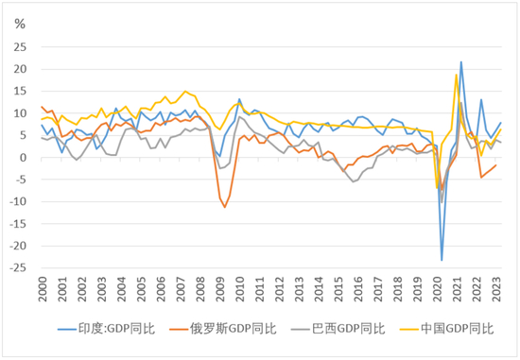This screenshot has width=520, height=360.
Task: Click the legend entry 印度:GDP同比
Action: (107, 329)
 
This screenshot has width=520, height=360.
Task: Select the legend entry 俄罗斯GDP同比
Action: (222, 329)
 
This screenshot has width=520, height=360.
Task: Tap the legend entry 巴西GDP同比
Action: (338, 329)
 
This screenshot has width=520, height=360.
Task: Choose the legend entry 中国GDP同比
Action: (446, 329)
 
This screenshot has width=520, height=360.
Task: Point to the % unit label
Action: (20, 24)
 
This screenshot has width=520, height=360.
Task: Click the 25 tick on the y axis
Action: (20, 47)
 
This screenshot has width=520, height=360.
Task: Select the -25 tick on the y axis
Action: (18, 267)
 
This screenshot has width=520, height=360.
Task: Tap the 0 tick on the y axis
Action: (23, 158)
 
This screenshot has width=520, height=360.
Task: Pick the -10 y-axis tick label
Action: (18, 201)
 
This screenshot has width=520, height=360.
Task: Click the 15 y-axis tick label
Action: (20, 91)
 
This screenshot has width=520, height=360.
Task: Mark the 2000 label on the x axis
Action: (43, 289)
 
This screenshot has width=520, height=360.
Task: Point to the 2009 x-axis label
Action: (220, 289)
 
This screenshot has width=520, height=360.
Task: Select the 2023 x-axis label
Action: (496, 289)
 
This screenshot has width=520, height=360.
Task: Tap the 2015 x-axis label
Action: (338, 289)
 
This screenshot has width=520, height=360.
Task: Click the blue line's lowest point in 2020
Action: (442, 261)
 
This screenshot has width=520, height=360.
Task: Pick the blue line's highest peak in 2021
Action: (461, 61)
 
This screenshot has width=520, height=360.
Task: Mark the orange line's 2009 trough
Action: (225, 208)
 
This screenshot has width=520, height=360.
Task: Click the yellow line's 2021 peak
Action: (457, 75)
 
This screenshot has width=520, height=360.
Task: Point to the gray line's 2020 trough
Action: (442, 202)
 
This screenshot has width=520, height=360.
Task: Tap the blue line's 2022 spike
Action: (481, 99)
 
